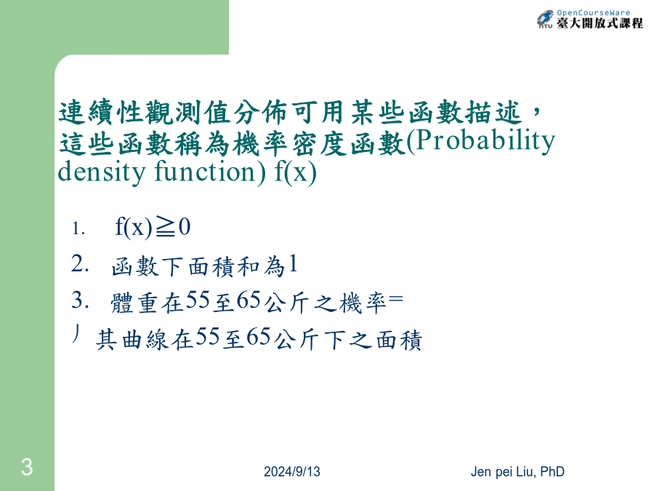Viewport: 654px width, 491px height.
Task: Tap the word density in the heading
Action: click(101, 172)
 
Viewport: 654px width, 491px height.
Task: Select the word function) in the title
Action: click(210, 172)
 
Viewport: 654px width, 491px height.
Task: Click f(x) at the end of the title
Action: click(295, 172)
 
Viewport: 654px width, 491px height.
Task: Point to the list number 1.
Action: click(78, 228)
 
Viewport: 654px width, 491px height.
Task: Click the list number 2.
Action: click(80, 264)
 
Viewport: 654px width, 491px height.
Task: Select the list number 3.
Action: click(80, 300)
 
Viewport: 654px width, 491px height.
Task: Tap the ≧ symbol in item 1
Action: click(165, 228)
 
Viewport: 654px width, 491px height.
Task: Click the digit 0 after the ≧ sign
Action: click(185, 227)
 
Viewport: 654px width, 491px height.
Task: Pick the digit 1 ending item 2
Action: click(293, 263)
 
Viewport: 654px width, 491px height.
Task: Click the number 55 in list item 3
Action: click(197, 300)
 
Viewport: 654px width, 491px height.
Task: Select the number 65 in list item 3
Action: click(249, 300)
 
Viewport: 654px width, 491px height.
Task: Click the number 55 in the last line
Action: click(207, 337)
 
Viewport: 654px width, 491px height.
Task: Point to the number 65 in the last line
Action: click(259, 337)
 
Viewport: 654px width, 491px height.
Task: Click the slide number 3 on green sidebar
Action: click(27, 467)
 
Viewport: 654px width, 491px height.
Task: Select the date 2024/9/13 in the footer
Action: click(292, 472)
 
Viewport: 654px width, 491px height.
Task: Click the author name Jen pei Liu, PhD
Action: click(517, 472)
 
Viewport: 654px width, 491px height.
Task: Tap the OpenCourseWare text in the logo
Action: click(594, 13)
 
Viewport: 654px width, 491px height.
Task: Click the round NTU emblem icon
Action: click(545, 19)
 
